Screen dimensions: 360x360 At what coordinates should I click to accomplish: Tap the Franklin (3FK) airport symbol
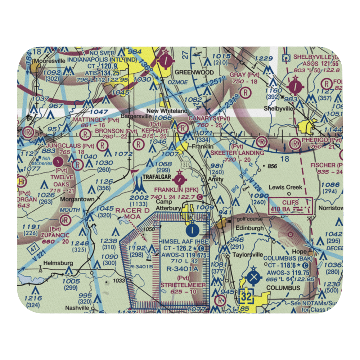(x=179, y=179)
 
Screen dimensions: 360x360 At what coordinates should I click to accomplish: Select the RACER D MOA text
(x=132, y=213)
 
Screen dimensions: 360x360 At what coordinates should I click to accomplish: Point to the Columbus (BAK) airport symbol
(x=254, y=277)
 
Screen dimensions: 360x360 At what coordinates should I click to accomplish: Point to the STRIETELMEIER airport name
(x=183, y=285)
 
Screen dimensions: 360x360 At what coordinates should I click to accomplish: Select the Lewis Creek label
(x=285, y=187)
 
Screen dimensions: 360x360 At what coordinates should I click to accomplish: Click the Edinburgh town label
(x=250, y=228)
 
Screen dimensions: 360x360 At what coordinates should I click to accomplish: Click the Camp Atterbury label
(x=168, y=205)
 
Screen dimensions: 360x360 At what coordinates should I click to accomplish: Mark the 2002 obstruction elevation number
(x=139, y=197)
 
